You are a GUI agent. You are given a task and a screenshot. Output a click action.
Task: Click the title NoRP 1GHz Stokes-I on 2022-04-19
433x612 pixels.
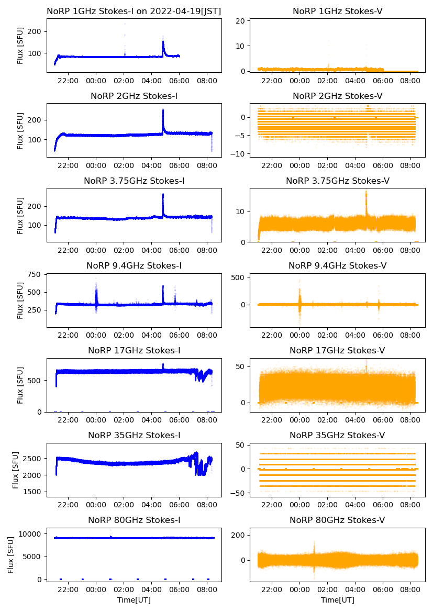point(134,11)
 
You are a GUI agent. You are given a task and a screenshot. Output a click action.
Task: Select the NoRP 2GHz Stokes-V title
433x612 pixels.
point(337,96)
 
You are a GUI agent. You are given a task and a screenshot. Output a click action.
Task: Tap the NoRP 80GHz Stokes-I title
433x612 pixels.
point(134,520)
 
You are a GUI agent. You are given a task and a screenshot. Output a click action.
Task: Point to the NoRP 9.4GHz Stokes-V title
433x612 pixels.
point(337,266)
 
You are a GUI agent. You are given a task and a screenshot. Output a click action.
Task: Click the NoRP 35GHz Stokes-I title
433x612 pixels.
point(134,435)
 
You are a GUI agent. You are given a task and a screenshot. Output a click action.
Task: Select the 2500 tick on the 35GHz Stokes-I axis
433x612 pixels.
point(32,459)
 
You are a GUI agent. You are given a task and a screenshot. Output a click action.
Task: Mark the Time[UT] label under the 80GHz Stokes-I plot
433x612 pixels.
point(134,599)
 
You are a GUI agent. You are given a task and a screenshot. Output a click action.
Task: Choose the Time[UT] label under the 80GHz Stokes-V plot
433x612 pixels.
point(337,599)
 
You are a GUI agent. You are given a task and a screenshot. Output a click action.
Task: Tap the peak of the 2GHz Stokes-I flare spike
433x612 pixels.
point(163,109)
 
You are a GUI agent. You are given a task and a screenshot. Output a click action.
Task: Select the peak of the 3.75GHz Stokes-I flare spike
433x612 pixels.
point(163,194)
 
